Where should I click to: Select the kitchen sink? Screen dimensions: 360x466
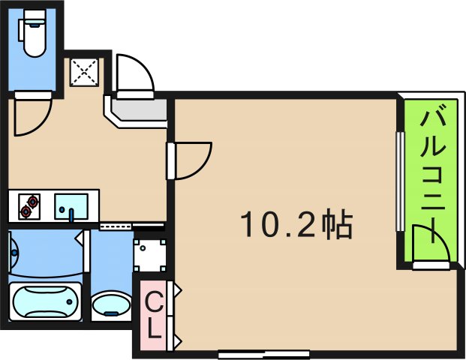71,205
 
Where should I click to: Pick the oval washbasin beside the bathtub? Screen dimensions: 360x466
110,306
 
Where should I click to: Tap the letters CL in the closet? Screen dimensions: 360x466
153,315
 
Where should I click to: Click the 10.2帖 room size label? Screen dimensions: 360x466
296,223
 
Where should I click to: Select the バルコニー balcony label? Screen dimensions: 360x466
433,172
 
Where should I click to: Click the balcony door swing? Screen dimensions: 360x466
432,247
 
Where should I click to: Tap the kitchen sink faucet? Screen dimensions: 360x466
71,213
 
